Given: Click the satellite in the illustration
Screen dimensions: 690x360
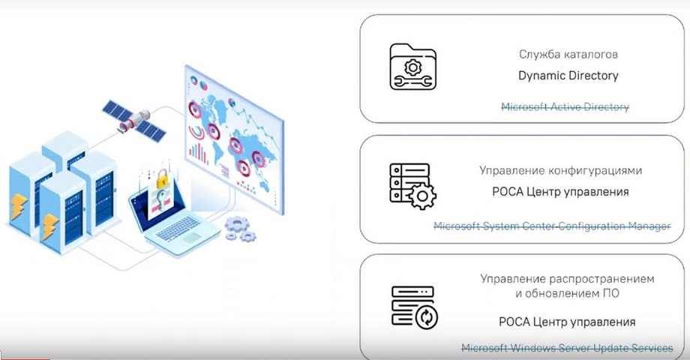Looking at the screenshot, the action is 133,120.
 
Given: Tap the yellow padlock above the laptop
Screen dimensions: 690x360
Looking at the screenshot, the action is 163,178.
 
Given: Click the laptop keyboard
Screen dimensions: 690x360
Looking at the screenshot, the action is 179,228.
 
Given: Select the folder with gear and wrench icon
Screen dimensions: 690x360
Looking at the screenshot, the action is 412,67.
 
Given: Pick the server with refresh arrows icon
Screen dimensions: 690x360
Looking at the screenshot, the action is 415,307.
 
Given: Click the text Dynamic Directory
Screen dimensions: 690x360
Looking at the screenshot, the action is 568,76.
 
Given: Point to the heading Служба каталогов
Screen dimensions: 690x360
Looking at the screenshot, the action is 568,54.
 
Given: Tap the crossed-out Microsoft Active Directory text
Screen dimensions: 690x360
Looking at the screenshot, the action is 565,107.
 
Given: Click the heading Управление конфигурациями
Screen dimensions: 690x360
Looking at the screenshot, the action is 561,170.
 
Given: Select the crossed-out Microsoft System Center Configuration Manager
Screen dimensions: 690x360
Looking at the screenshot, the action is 552,226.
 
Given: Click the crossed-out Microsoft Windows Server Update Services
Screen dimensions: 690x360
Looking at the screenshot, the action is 567,348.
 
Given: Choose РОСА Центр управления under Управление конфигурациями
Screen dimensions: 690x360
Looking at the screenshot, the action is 560,192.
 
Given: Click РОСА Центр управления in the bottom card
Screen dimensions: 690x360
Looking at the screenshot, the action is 567,322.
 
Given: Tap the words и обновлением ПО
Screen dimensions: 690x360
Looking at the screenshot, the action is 567,293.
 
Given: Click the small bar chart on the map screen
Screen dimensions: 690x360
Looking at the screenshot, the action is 198,154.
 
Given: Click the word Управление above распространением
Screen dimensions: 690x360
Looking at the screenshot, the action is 513,278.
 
